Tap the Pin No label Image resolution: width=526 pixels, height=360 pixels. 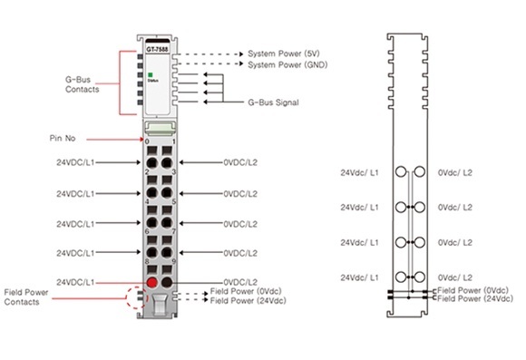point(65,140)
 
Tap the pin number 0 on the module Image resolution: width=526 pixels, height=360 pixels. point(147,142)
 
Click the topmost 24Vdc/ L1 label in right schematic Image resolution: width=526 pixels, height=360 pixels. point(361,171)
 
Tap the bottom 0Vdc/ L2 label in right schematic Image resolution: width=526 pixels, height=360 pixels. point(454,277)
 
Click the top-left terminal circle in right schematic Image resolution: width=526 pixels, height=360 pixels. point(400,172)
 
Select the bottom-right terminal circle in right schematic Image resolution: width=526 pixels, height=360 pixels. point(419,276)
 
